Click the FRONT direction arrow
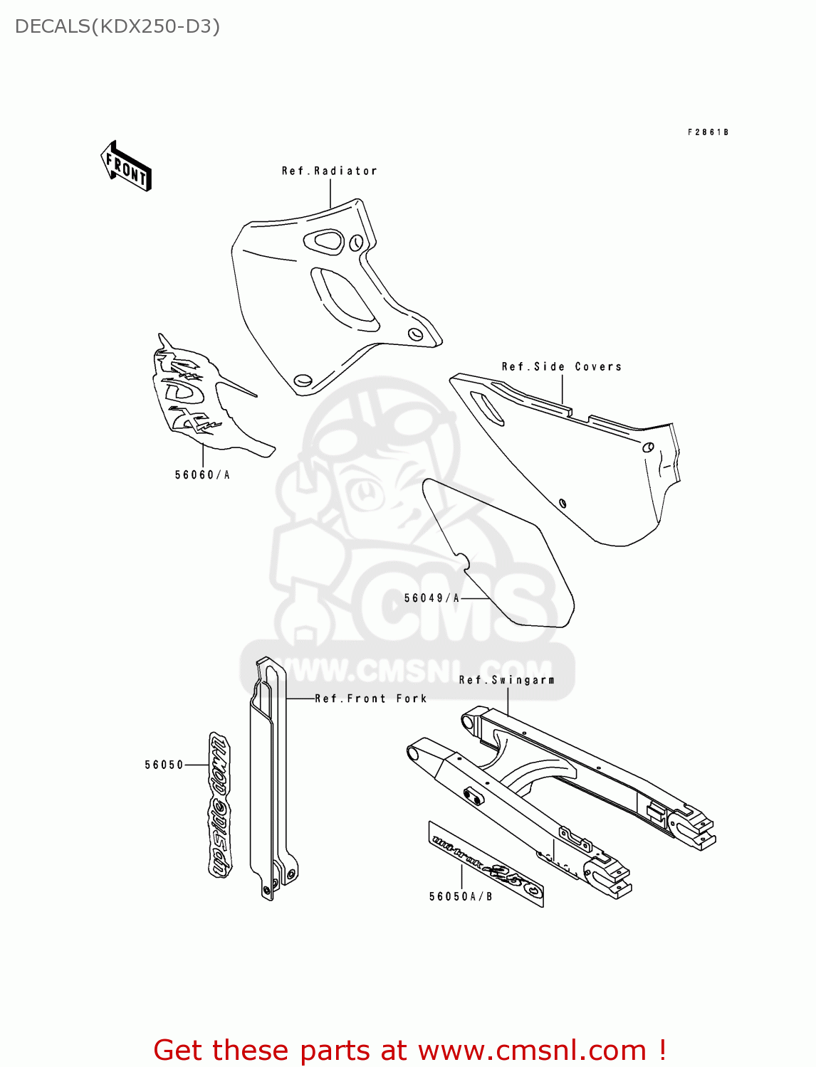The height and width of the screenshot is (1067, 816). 126,166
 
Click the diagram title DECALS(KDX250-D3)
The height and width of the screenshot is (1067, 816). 117,26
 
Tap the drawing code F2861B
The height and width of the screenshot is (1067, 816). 708,132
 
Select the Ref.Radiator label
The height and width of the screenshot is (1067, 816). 329,171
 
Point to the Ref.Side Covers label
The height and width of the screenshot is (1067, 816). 561,367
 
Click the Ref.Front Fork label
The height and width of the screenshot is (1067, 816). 371,699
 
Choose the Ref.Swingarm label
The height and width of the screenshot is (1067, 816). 506,680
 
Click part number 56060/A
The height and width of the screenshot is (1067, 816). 202,475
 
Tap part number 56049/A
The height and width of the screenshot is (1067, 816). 431,598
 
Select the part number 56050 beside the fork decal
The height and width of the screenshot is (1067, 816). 164,765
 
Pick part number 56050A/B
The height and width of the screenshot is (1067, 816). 461,897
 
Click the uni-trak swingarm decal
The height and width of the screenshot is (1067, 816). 486,865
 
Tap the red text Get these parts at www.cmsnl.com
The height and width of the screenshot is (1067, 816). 409,1051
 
